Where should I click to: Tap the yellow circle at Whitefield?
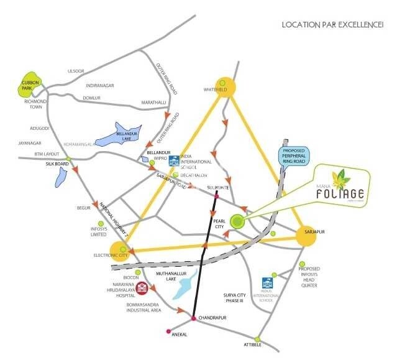(226, 86)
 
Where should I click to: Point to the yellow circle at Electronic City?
(121, 250)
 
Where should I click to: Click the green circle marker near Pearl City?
(237, 221)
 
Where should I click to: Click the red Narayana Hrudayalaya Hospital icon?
(142, 288)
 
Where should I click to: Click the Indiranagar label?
(101, 85)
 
